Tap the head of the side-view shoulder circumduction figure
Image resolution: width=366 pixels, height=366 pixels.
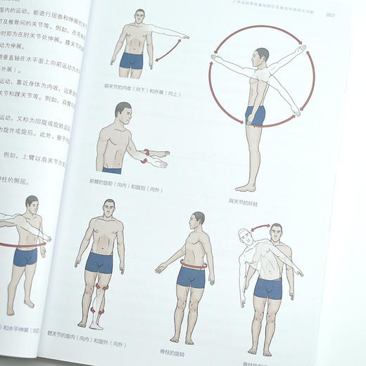point(262,56)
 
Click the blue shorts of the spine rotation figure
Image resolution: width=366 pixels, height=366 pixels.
point(190,277)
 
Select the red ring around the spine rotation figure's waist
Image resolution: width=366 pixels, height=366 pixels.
point(192,265)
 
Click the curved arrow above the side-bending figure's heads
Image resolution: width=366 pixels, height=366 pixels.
point(260,227)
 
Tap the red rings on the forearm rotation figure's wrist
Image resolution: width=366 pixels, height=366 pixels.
point(146,156)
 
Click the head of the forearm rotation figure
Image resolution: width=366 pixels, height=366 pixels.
point(123,113)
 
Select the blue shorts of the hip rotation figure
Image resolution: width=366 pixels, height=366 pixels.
point(99,263)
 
